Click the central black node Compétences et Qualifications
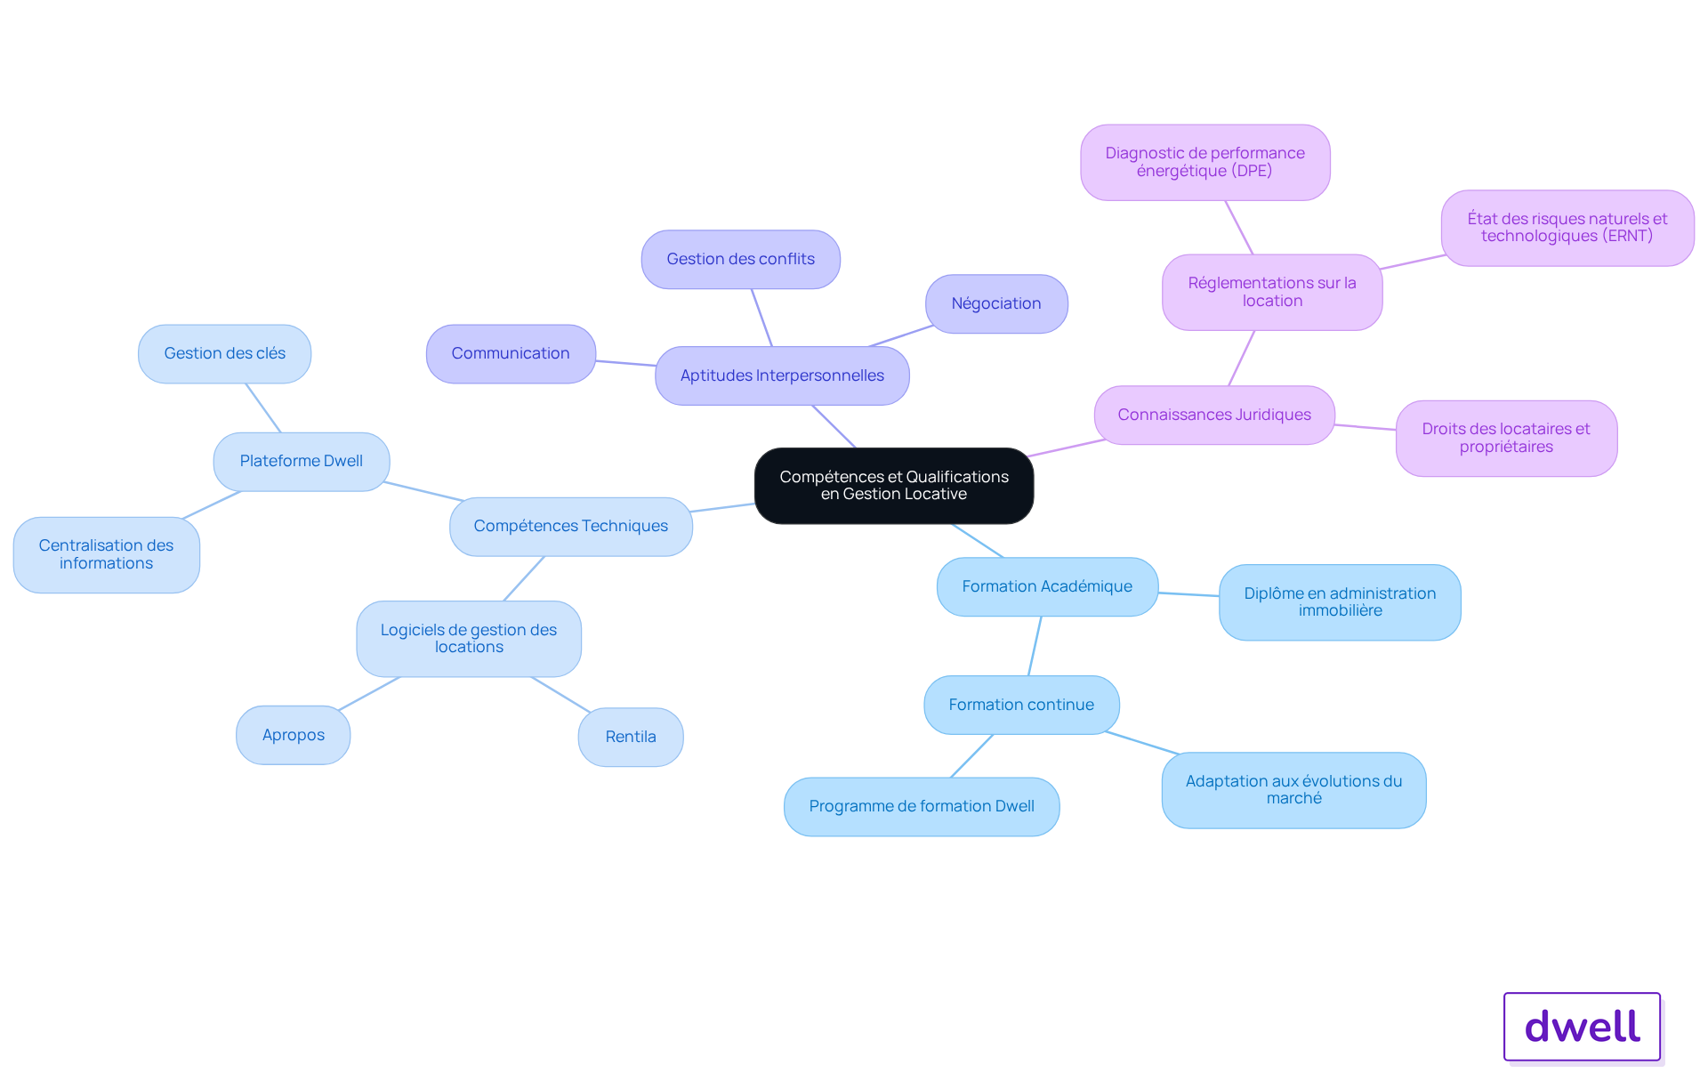coord(894,486)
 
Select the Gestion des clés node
coord(225,354)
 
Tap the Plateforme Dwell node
coord(302,462)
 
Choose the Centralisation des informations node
coord(107,554)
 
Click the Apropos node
coord(294,735)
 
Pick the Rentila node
coord(631,737)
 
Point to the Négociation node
coord(996,304)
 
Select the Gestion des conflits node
coord(741,260)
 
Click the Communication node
coord(511,354)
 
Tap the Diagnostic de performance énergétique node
coord(1205,162)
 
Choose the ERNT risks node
coord(1567,228)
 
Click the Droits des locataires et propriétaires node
coord(1506,439)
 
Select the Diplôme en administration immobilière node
coord(1340,602)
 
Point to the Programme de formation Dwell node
coord(922,807)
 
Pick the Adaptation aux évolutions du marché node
coord(1293,790)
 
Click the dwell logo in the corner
coord(1583,1027)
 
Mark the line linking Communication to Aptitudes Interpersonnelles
coord(626,363)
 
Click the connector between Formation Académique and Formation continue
coord(1035,646)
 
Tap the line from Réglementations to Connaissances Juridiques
coord(1242,358)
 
